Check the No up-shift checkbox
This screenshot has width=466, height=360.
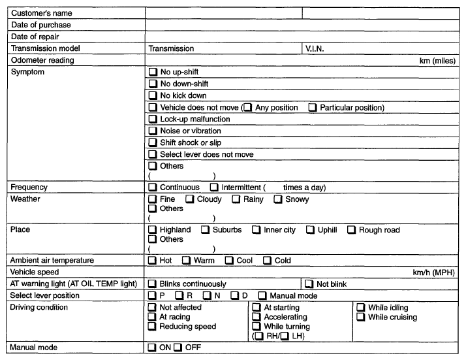[153, 72]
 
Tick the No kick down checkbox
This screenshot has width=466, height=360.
[153, 95]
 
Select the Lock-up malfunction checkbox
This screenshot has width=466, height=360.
[153, 119]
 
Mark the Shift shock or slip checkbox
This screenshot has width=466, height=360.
[153, 142]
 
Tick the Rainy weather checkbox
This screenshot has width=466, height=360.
[236, 199]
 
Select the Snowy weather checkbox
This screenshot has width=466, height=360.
[278, 199]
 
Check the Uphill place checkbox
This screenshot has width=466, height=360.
[310, 230]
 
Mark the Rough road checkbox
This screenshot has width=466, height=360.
[351, 230]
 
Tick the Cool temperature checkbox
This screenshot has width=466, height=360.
[229, 261]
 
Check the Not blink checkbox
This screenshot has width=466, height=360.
[309, 284]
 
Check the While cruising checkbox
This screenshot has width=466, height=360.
[361, 318]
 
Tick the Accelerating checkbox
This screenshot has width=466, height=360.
[256, 318]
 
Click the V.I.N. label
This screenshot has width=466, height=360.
[316, 48]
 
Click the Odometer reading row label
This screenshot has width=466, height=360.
[42, 60]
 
